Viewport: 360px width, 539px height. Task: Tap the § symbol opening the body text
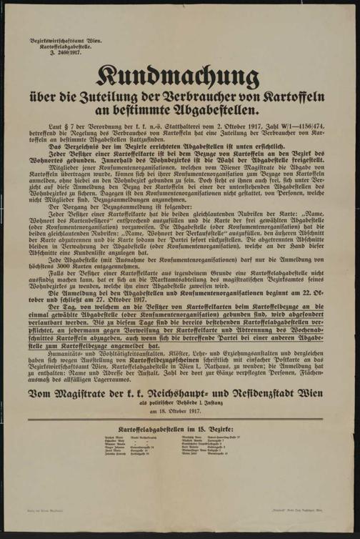pyautogui.click(x=69, y=127)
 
